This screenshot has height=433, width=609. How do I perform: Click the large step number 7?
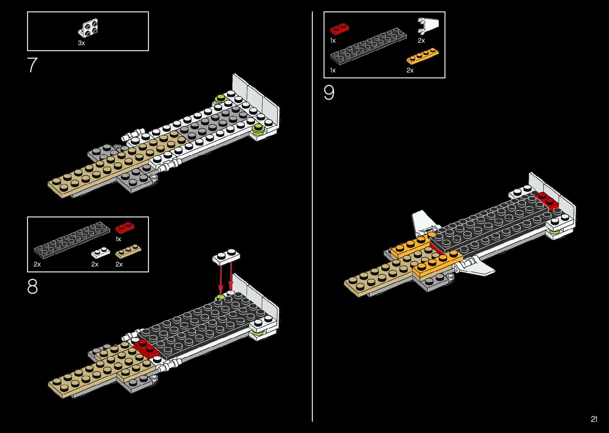point(32,65)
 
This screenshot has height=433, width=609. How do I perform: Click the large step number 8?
point(32,286)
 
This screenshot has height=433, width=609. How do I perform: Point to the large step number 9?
point(329,93)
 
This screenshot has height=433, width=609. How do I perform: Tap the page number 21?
point(594,419)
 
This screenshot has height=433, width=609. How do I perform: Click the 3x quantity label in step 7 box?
point(81,43)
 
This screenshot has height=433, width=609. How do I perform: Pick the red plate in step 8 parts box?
point(125,227)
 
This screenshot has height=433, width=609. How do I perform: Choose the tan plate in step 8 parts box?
point(128,251)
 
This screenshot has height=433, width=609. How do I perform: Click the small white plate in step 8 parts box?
point(101,252)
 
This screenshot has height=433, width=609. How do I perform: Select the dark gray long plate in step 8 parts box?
point(72,240)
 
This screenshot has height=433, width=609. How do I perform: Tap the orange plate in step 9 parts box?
point(422,56)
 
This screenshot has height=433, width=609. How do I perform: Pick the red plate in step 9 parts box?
point(340,29)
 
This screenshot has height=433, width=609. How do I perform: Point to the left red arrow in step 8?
point(220,280)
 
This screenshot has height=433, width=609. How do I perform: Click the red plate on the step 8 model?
point(146,348)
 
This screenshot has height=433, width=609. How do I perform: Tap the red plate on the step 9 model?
point(547,201)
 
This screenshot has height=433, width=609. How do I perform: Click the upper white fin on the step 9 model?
point(422,221)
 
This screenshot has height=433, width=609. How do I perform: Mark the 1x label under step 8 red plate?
point(118,239)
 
